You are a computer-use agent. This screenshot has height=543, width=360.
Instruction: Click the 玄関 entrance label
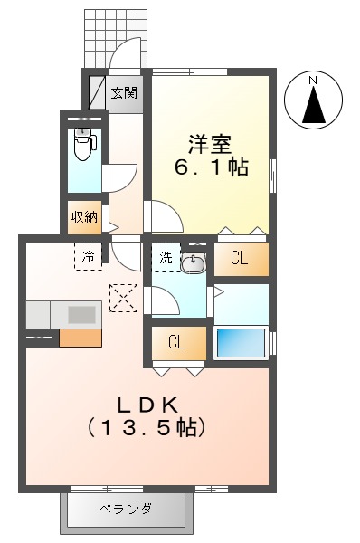[x=124, y=92]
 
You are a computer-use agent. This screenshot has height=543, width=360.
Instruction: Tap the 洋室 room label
[x=210, y=143]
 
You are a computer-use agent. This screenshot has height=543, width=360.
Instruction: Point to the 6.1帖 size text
[x=212, y=167]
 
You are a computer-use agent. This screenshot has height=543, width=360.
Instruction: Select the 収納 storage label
[x=85, y=217]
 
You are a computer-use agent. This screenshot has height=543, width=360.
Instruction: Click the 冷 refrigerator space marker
[x=89, y=256]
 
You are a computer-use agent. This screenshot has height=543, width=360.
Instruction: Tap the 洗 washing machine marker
[x=166, y=258]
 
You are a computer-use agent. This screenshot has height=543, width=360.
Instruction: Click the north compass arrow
[x=314, y=105]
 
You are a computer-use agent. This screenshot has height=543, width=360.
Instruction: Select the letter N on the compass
[x=313, y=81]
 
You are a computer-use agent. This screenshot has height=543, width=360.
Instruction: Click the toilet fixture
[x=85, y=145]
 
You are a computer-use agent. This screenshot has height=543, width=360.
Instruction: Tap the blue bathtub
[x=242, y=344]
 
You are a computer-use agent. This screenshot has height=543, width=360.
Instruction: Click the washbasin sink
[x=193, y=263]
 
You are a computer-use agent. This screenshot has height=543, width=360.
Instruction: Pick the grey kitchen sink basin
[x=81, y=314]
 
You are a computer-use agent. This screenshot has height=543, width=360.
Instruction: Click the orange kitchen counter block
[x=80, y=338]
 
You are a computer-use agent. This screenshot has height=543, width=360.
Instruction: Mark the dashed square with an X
[x=120, y=296]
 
